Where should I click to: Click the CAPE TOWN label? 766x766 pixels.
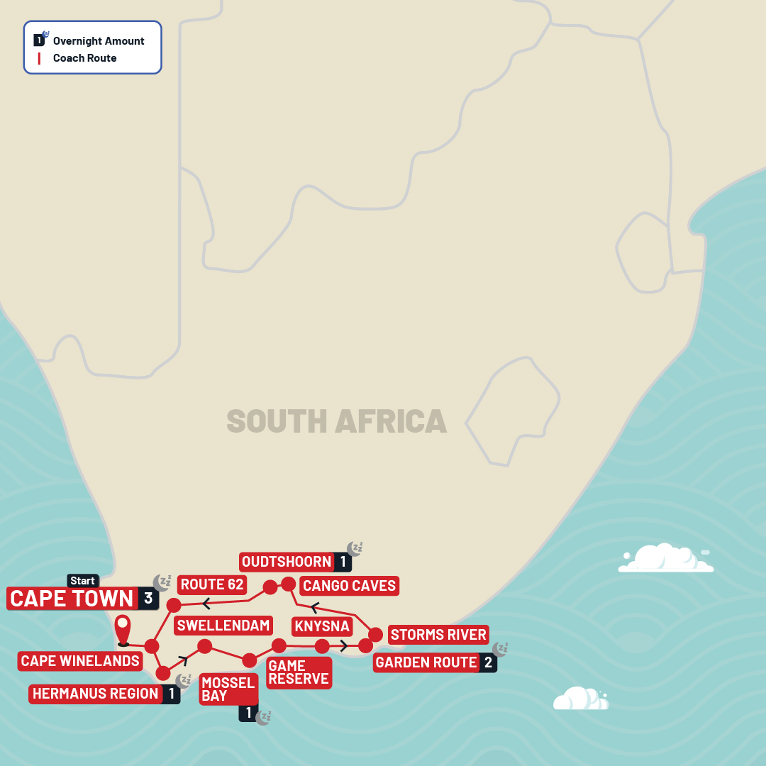click(x=72, y=599)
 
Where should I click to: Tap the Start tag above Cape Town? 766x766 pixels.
click(x=82, y=581)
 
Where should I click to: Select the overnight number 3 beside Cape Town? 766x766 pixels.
click(x=148, y=599)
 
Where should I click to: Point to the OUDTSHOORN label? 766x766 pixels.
click(x=287, y=562)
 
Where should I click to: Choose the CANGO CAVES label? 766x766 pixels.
click(x=349, y=586)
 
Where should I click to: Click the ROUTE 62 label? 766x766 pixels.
click(x=212, y=584)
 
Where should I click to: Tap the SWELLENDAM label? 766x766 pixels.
click(x=223, y=625)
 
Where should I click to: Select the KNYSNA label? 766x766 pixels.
click(x=321, y=626)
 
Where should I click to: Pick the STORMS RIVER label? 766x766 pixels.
click(x=438, y=635)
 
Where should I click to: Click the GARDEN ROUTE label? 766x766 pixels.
click(x=426, y=662)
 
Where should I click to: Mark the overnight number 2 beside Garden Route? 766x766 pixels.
click(x=488, y=662)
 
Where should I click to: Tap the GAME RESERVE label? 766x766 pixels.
click(x=298, y=672)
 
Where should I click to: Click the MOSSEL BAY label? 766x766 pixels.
click(x=228, y=689)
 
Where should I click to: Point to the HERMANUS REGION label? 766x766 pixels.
click(x=95, y=694)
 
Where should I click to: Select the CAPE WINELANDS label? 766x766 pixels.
click(x=80, y=661)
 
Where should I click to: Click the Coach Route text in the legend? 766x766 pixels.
click(x=84, y=58)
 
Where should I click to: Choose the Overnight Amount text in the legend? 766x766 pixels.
click(x=99, y=40)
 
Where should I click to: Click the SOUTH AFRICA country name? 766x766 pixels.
click(x=336, y=421)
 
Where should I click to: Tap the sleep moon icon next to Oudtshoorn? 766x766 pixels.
click(x=355, y=548)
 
